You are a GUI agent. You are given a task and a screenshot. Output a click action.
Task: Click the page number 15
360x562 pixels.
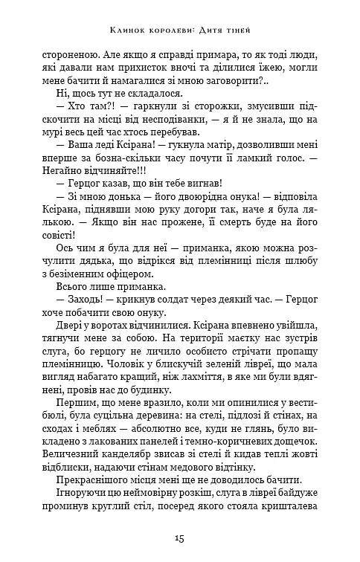[179, 537]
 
